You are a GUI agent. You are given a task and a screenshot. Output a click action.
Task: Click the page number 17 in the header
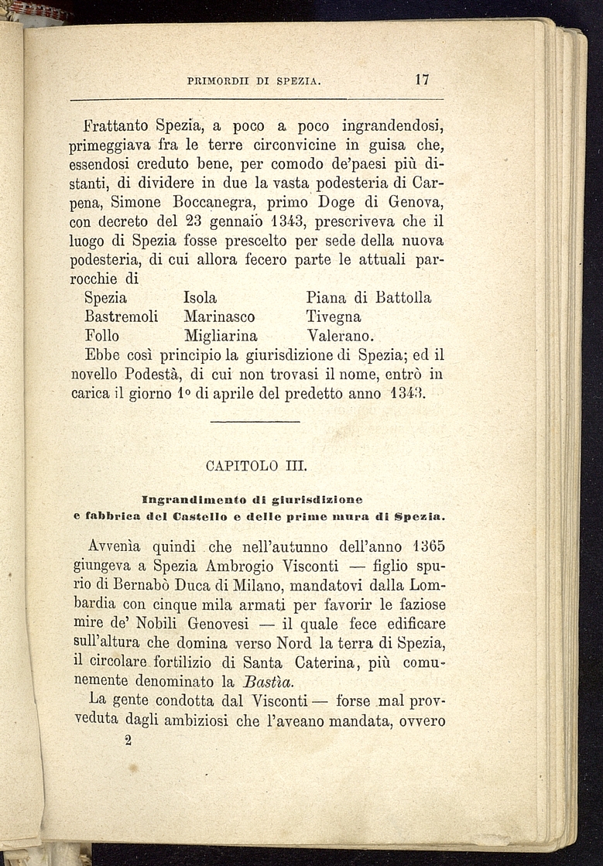[422, 80]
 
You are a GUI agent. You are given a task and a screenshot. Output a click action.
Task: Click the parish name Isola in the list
[200, 297]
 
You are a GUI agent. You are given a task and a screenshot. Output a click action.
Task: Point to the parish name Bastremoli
[121, 317]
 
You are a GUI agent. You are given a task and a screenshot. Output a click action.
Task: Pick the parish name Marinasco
[219, 317]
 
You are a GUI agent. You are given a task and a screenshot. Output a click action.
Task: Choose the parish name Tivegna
[334, 317]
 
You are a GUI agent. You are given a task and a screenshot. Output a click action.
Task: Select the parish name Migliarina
[221, 336]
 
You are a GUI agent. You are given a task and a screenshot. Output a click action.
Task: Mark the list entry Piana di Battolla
[368, 297]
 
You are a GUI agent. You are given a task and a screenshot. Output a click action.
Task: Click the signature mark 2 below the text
[128, 741]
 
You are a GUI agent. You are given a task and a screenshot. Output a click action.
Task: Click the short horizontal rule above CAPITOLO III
[255, 422]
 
